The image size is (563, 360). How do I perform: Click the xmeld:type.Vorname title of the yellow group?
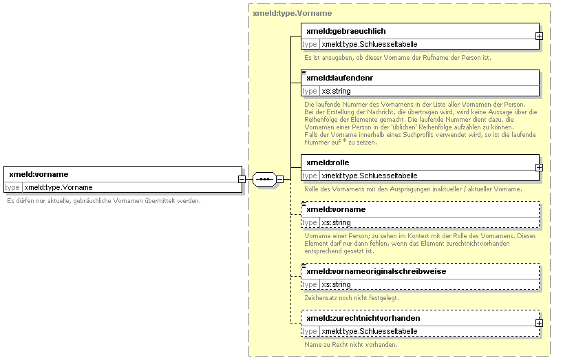point(293,13)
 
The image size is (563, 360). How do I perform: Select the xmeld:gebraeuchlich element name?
point(346,31)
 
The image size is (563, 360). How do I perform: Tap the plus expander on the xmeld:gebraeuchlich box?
point(539,36)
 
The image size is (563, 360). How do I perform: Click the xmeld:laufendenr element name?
point(340,78)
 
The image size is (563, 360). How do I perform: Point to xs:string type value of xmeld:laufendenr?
point(336,91)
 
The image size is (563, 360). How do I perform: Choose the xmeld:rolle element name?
point(328,162)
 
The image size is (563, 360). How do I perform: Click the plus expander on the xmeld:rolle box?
point(539,168)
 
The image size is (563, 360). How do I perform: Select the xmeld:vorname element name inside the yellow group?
point(336,210)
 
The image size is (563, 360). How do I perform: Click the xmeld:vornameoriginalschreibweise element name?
point(376,272)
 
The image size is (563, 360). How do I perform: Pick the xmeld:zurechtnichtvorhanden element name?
point(363,319)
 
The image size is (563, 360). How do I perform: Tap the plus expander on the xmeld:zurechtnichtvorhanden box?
point(539,324)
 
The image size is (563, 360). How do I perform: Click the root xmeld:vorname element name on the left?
point(39,174)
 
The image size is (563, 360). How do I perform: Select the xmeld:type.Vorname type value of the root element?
point(59,188)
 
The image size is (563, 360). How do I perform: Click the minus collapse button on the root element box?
point(242,179)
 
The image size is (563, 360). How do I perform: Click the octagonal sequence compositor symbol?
point(264,179)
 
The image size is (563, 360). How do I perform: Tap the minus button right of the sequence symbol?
point(279,179)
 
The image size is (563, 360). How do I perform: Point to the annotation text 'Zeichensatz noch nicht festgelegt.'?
point(352,298)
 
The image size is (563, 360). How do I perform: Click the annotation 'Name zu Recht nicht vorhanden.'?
point(351,345)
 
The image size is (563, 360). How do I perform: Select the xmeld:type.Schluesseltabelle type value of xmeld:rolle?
point(370,176)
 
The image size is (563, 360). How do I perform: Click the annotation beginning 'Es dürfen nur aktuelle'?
point(104,201)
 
